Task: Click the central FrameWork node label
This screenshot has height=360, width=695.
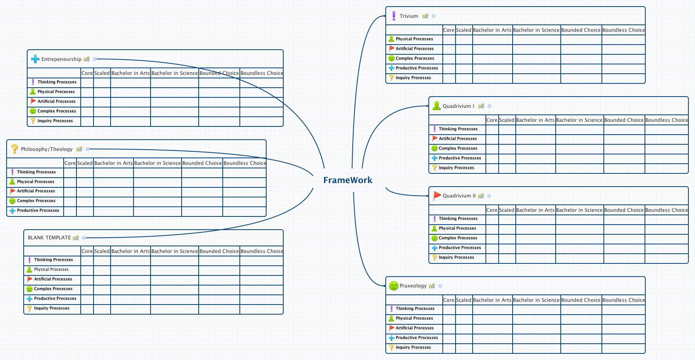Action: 348,180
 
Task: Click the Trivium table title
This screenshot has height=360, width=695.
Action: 409,16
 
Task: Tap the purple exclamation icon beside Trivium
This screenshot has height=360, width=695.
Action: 394,16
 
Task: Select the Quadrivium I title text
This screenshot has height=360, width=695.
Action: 458,106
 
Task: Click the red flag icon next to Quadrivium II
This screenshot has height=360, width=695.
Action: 437,196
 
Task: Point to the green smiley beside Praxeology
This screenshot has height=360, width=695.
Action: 393,286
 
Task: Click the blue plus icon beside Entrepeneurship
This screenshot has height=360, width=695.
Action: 35,59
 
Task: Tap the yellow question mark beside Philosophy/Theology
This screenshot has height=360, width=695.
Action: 15,149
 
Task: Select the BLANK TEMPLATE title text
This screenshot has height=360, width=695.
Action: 49,238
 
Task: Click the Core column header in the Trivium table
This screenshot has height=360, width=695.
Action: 449,30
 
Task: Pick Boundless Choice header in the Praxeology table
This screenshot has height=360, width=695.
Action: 623,300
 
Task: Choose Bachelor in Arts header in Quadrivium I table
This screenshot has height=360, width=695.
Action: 535,120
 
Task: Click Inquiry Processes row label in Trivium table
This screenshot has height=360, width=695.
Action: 413,78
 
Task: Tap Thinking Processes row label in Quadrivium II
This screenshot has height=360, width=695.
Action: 458,219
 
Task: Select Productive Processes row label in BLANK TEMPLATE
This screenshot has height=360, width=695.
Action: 55,299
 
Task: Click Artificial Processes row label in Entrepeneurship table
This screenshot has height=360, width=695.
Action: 56,102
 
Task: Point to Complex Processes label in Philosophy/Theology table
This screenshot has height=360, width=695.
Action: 36,201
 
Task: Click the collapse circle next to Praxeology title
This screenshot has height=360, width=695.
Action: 440,286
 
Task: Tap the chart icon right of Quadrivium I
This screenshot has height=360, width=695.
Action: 481,106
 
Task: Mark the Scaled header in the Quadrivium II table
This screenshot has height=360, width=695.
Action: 506,210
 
